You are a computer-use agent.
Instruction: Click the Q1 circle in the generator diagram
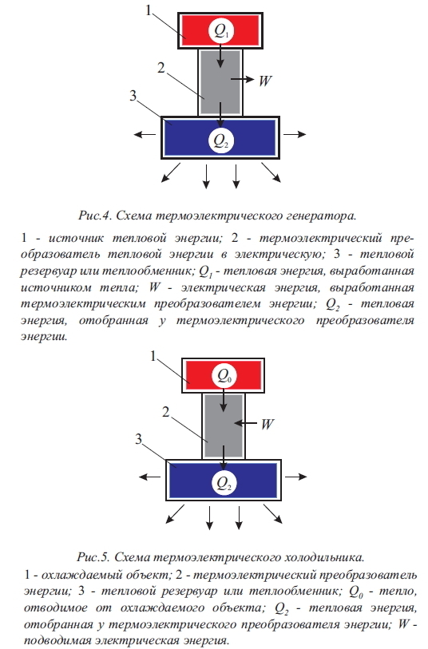220,30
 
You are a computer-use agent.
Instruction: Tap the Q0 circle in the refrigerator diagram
224,376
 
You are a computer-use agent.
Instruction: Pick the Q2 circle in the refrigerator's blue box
224,482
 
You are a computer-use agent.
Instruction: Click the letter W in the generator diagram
265,80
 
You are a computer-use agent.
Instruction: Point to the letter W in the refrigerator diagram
267,424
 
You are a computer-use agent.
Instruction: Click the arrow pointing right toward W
242,79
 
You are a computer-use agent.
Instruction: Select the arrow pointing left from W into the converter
245,423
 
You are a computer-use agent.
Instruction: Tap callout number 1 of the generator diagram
149,10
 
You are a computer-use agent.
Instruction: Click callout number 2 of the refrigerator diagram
165,412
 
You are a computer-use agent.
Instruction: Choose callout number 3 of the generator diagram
133,96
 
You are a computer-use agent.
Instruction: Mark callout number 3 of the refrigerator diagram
138,439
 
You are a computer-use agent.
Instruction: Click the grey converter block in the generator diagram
220,82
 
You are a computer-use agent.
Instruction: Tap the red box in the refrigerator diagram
224,375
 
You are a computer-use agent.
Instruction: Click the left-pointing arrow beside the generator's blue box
145,134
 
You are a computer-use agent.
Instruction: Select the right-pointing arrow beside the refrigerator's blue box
296,477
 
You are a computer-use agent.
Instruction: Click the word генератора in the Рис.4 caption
326,216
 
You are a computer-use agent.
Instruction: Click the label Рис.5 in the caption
93,557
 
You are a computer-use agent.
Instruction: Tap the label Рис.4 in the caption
95,216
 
